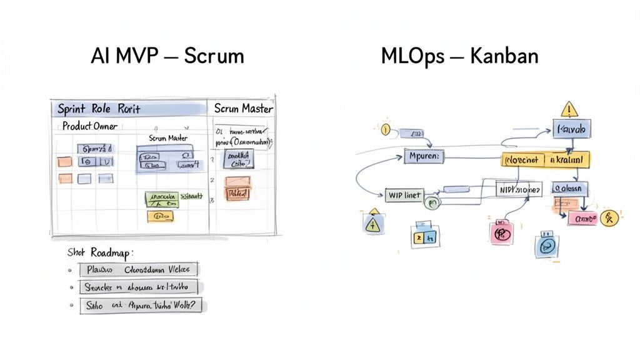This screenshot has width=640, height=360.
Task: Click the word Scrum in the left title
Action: [214, 56]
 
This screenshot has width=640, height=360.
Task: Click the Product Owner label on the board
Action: [89, 126]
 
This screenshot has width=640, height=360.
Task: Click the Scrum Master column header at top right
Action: [243, 108]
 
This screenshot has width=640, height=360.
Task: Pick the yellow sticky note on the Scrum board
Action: [161, 216]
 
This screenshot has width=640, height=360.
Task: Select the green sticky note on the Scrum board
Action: [162, 199]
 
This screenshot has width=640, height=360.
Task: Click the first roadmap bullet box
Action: [138, 270]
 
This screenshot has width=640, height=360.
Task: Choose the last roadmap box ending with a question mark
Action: [142, 306]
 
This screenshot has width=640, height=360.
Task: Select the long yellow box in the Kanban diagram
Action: [546, 160]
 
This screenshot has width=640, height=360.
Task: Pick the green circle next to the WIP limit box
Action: [431, 201]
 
